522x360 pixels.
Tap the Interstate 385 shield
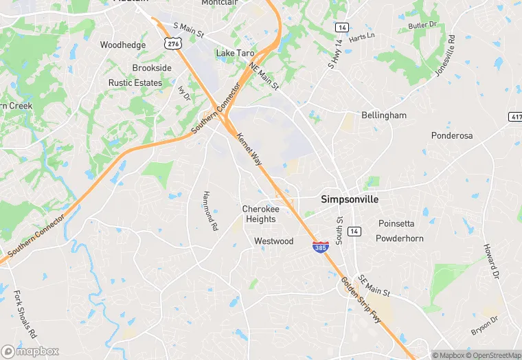click(320, 247)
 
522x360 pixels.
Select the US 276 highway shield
click(174, 43)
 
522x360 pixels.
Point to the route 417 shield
click(516, 117)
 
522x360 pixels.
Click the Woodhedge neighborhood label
click(123, 45)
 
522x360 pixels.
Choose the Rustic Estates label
click(135, 83)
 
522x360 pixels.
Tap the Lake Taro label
click(235, 53)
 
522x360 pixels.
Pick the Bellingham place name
click(384, 115)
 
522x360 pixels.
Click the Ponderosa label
click(452, 135)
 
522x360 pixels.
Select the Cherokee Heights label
click(260, 214)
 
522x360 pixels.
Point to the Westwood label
click(273, 241)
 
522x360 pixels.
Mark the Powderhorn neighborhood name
click(400, 238)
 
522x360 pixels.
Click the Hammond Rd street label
click(209, 210)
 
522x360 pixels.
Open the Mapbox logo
click(30, 351)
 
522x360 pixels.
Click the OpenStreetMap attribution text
click(492, 355)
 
